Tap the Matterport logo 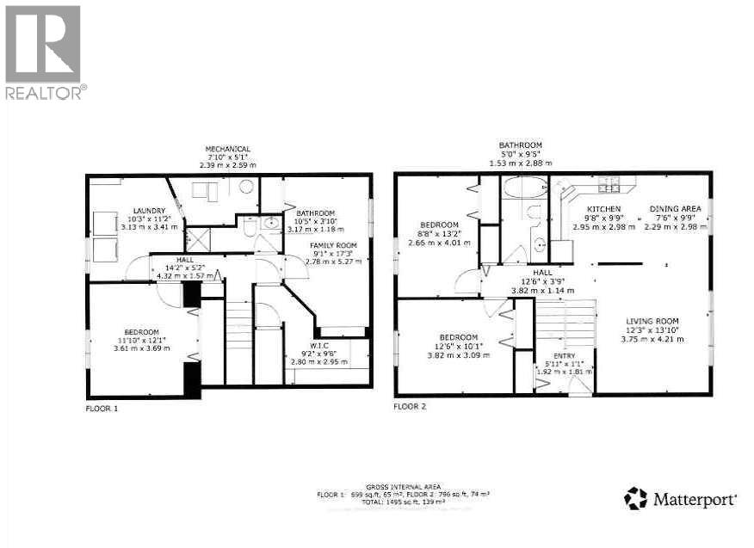pyautogui.click(x=680, y=498)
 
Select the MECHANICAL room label pyautogui.click(x=227, y=149)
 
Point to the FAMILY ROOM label pyautogui.click(x=332, y=245)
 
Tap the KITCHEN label pyautogui.click(x=604, y=209)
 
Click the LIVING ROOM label pyautogui.click(x=655, y=321)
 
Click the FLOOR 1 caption pyautogui.click(x=102, y=408)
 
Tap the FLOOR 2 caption pyautogui.click(x=410, y=405)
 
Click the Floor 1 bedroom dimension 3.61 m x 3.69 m pyautogui.click(x=141, y=348)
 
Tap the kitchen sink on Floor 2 pyautogui.click(x=609, y=182)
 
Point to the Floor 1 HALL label pyautogui.click(x=186, y=259)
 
